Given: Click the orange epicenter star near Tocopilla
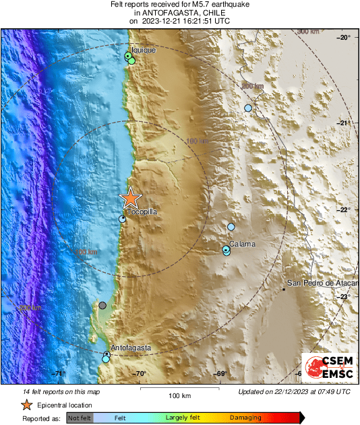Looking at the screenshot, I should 130,198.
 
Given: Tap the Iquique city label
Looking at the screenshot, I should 144,50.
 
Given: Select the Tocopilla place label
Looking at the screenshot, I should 142,211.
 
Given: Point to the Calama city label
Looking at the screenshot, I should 242,244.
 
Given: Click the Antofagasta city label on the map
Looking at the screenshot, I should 131,348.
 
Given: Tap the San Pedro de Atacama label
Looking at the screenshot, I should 322,283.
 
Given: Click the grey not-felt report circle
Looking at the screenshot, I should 102,305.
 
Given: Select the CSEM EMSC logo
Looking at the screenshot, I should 326,369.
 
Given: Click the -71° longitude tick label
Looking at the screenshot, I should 60,374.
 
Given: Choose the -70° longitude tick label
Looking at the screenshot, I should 140,374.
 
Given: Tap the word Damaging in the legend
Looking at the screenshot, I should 245,418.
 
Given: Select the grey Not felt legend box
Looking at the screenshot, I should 80,418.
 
